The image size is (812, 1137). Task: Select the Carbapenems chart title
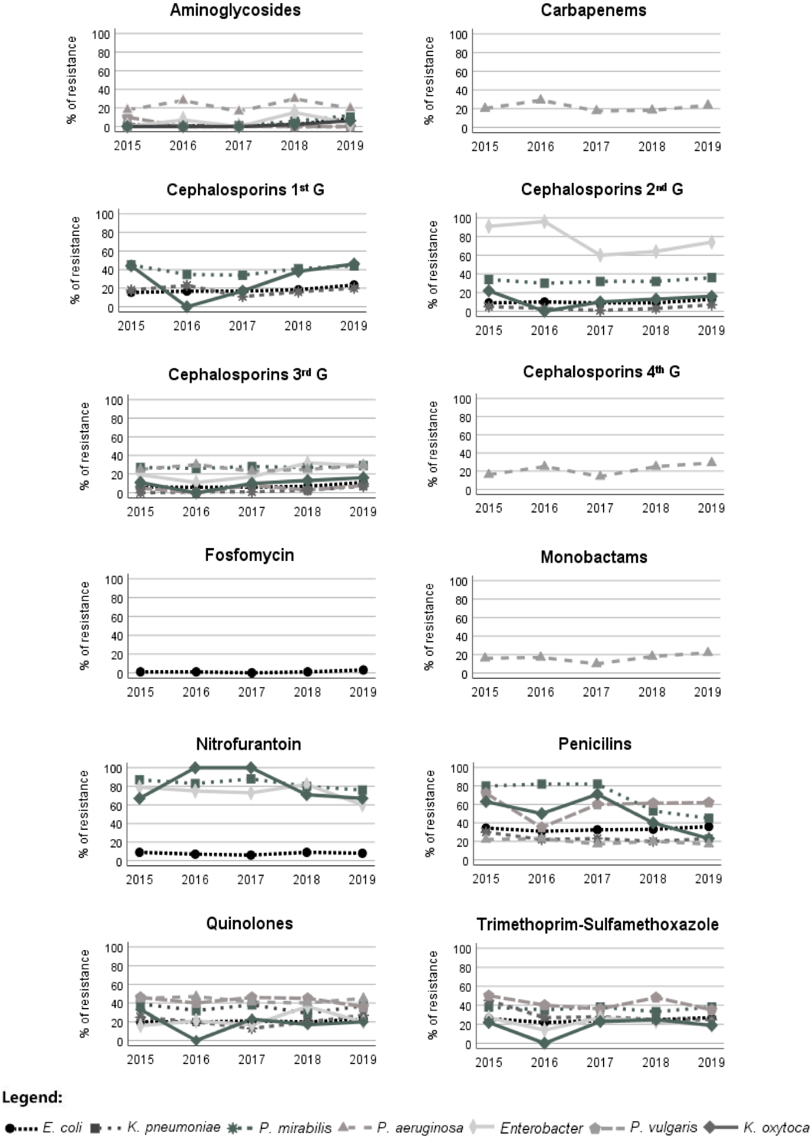pos(593,10)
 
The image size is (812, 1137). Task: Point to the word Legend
pos(32,1097)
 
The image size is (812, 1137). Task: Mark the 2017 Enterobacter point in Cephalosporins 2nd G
pos(600,255)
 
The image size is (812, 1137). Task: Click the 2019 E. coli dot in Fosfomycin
pos(363,670)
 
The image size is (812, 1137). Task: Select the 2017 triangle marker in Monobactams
pos(596,663)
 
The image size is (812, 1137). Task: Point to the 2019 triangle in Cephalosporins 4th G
pos(711,462)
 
